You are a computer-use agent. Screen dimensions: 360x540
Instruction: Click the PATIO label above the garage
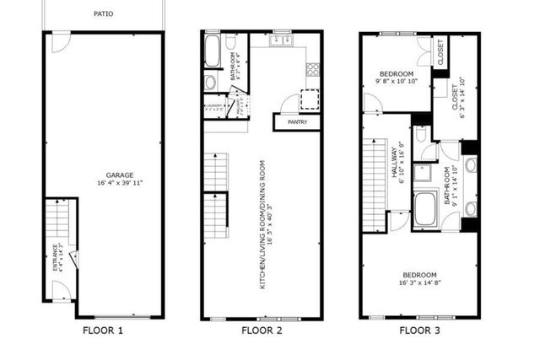click(x=104, y=14)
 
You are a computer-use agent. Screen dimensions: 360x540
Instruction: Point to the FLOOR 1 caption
click(x=103, y=330)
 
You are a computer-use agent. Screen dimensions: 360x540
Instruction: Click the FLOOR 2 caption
click(x=261, y=330)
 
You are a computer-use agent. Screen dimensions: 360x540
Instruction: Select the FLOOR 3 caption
click(x=419, y=330)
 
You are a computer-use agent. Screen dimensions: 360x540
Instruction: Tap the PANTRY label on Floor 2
click(x=297, y=122)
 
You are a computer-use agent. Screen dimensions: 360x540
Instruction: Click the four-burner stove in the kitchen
click(x=313, y=70)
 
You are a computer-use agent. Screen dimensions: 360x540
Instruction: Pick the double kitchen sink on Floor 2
click(x=280, y=40)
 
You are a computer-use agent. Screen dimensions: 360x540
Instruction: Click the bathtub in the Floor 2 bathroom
click(x=212, y=52)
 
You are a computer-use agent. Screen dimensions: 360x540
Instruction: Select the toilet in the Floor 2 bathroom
click(x=210, y=82)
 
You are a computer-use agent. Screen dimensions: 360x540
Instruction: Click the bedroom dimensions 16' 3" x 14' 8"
click(x=419, y=284)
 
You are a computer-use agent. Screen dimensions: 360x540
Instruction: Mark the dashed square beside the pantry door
click(x=312, y=99)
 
